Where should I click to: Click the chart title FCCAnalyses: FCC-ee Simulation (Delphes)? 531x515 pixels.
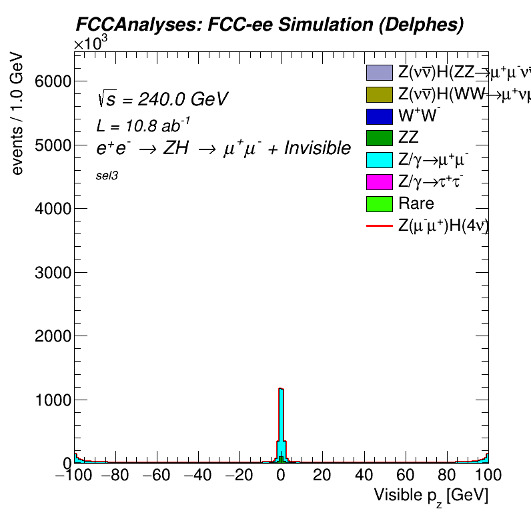pyautogui.click(x=268, y=25)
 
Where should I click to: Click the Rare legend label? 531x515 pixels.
pyautogui.click(x=416, y=203)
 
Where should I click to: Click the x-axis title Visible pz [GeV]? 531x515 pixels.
pyautogui.click(x=431, y=496)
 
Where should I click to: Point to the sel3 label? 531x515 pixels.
pyautogui.click(x=107, y=178)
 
